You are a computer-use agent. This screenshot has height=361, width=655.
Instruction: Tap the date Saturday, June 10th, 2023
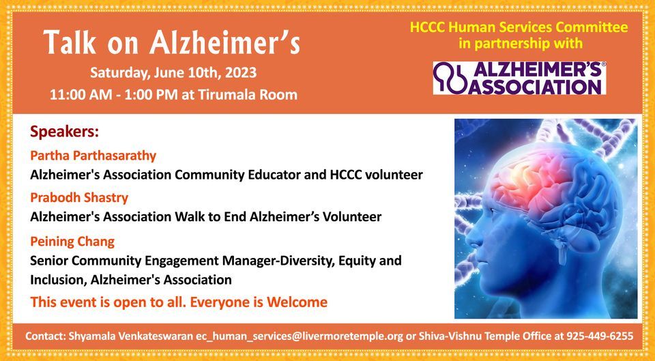pyautogui.click(x=173, y=72)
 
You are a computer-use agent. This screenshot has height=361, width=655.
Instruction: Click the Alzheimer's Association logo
pyautogui.click(x=519, y=78)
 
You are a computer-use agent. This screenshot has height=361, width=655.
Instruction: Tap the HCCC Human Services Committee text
pyautogui.click(x=519, y=28)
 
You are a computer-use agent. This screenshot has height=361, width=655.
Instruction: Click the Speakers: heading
pyautogui.click(x=64, y=130)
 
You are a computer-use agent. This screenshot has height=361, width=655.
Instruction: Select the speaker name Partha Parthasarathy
pyautogui.click(x=93, y=155)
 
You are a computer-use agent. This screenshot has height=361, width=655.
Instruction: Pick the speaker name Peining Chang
pyautogui.click(x=72, y=241)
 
